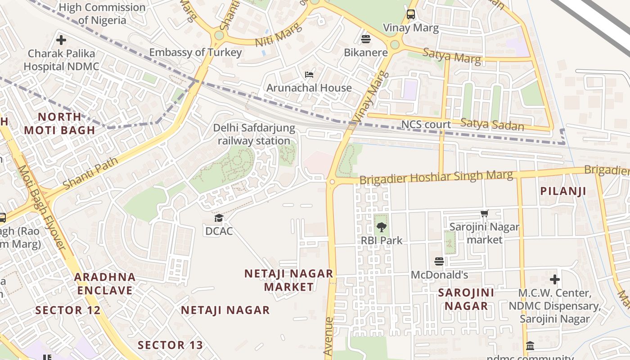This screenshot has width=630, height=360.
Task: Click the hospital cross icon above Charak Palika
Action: (61, 40)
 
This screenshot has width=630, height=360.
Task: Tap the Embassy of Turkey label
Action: (195, 52)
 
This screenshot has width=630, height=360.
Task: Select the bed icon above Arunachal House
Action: (309, 74)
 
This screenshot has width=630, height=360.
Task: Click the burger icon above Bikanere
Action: (365, 39)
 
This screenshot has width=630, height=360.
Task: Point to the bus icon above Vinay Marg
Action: (410, 14)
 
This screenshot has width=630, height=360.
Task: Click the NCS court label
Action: (426, 124)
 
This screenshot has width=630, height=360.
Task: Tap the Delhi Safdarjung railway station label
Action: (254, 134)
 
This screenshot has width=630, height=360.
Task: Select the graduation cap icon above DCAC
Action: (219, 218)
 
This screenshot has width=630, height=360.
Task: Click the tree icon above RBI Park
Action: (382, 227)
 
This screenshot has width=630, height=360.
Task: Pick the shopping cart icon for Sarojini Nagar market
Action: (484, 214)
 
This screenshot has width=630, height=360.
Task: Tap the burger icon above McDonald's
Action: (439, 261)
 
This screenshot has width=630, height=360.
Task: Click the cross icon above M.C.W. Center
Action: (554, 279)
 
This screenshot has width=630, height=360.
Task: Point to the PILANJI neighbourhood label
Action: (563, 191)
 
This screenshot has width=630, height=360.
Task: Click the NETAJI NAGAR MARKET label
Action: (288, 280)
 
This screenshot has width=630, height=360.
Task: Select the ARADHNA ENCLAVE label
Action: (104, 283)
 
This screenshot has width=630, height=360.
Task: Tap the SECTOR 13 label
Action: (170, 345)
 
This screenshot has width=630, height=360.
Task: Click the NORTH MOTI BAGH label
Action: (59, 123)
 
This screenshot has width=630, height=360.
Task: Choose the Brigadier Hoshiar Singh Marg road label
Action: (436, 177)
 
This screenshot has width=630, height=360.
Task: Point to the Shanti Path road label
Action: (91, 173)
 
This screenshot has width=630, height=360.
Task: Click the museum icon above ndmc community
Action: (530, 346)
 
